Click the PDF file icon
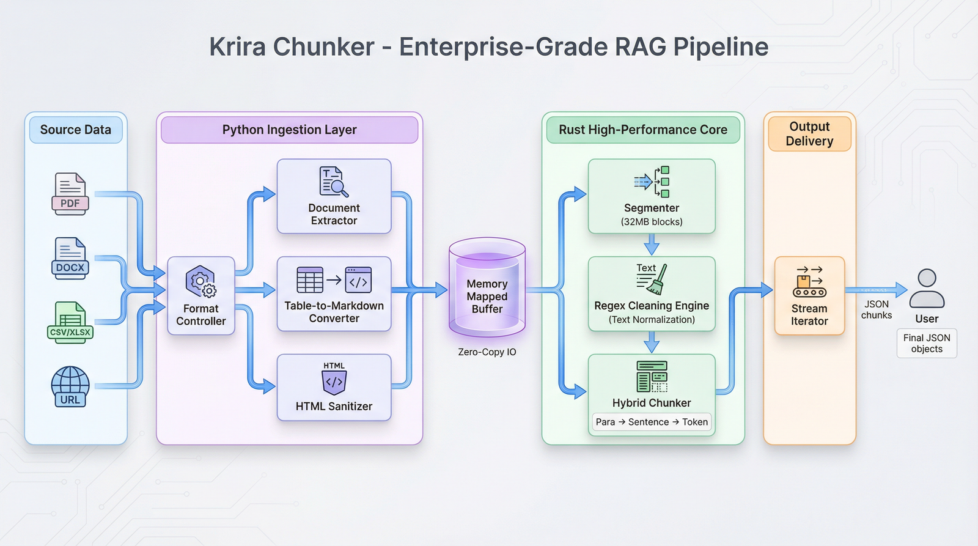[x=70, y=194]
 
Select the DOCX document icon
[x=70, y=258]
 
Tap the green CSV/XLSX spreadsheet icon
[x=70, y=322]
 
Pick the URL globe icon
[x=70, y=386]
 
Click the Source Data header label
[x=76, y=130]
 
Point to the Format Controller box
[x=201, y=296]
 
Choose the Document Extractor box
[x=334, y=196]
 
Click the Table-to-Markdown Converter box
[x=334, y=294]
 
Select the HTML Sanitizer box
[x=334, y=388]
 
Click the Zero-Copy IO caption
[x=487, y=352]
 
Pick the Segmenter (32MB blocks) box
[x=652, y=196]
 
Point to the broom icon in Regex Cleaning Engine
[x=658, y=280]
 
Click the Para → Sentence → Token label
[x=652, y=422]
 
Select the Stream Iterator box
[x=809, y=296]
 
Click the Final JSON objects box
[x=927, y=344]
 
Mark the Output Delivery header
[x=809, y=134]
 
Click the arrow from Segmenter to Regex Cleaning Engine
[x=652, y=245]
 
